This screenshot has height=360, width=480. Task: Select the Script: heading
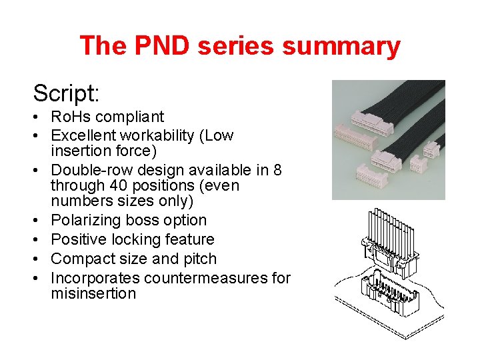(x=66, y=92)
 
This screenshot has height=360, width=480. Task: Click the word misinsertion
(x=93, y=293)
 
